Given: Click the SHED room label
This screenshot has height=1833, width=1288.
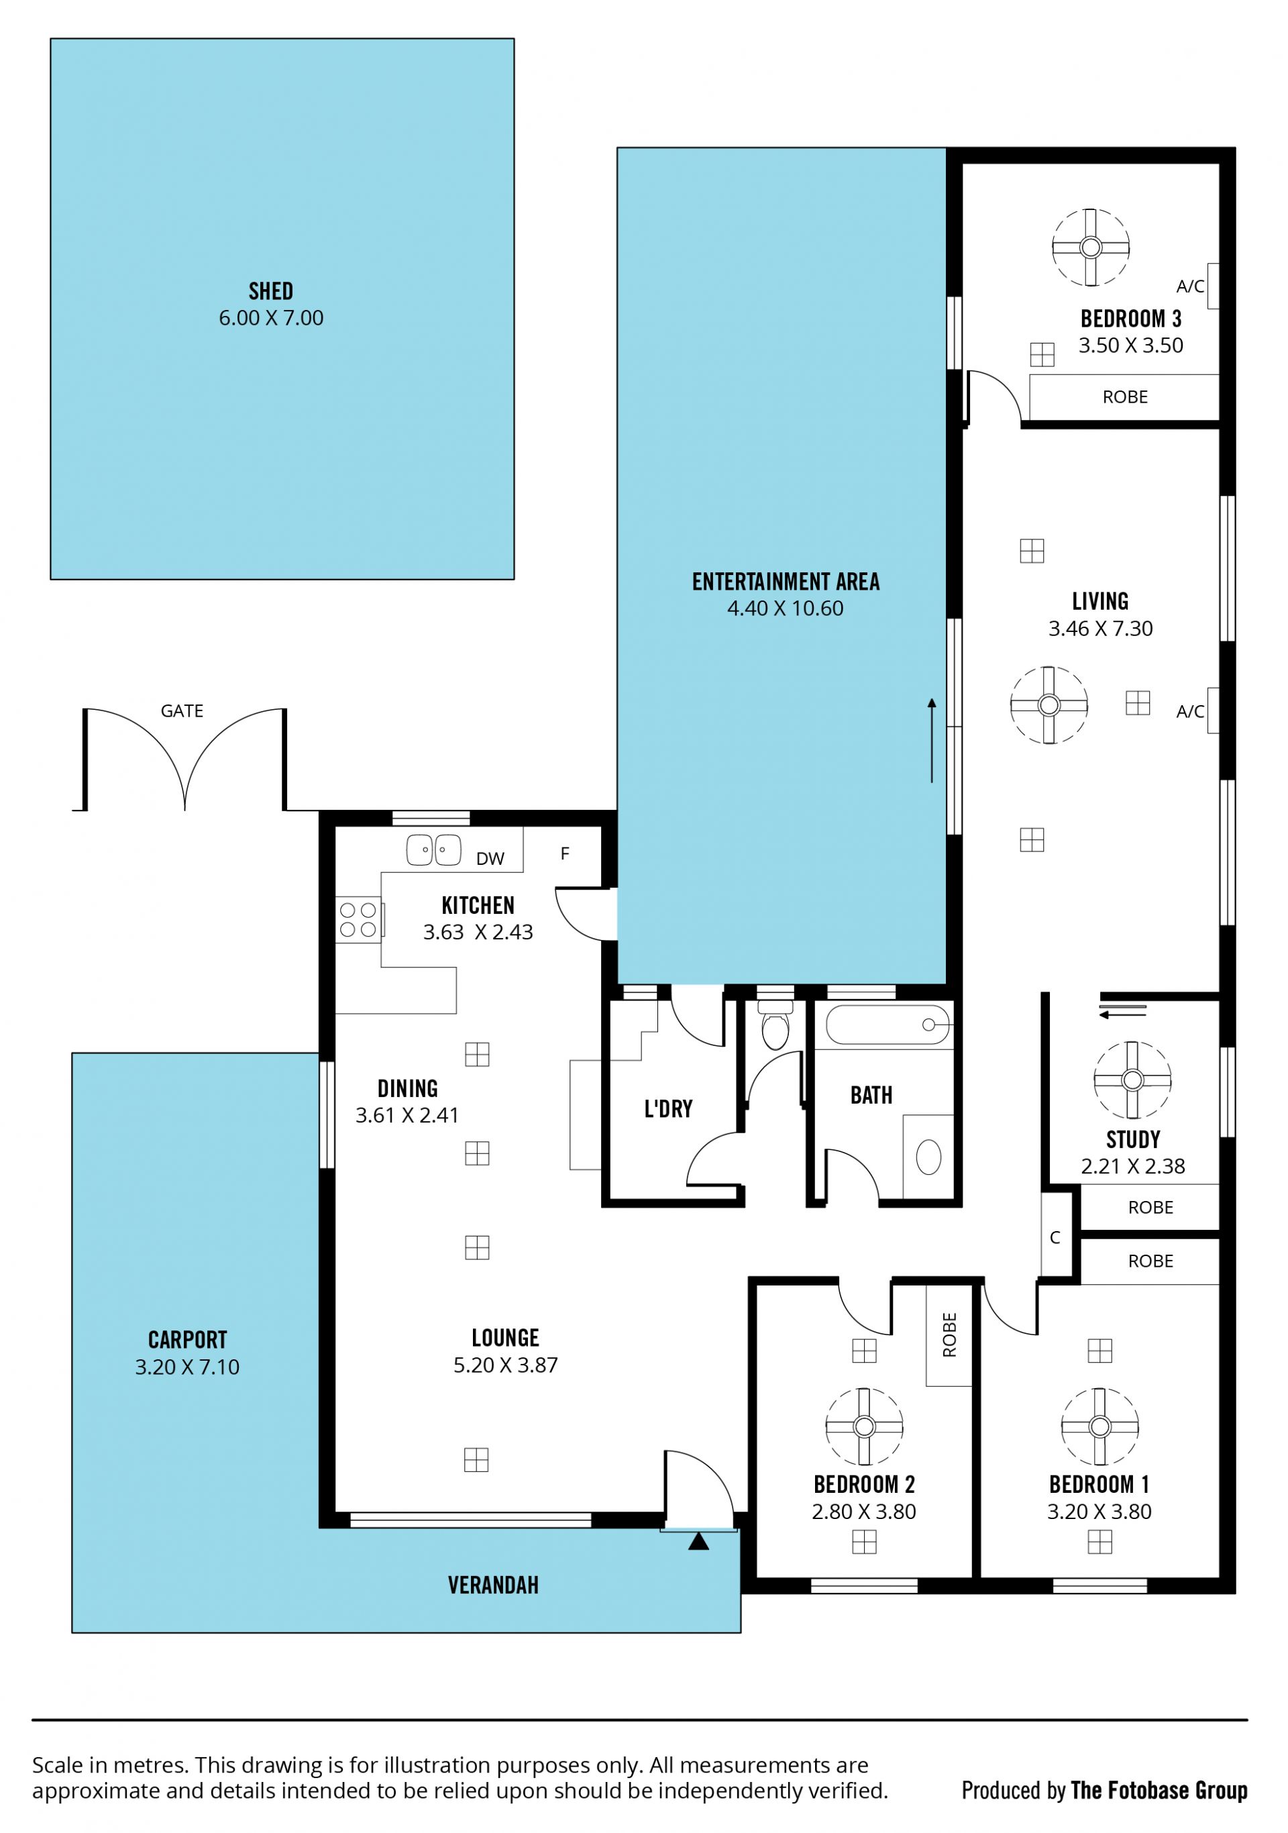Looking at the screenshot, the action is pos(271,291).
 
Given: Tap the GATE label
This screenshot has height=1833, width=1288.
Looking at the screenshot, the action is pos(182,711).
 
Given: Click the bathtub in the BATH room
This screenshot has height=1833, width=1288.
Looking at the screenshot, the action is pos(888,1025).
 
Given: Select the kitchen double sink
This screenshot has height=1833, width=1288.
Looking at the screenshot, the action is pos(433,849).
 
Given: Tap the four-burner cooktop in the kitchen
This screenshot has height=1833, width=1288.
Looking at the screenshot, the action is pos(358,919).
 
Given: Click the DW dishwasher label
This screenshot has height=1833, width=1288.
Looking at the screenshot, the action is pos(490,858).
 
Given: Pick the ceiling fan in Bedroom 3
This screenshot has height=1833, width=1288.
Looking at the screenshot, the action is pos(1090,247).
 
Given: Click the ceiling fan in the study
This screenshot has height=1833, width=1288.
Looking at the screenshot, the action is pos(1132,1080).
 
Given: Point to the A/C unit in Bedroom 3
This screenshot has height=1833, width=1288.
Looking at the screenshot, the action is pos(1212,286).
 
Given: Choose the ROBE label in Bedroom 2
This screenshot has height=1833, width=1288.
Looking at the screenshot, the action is pos(949,1335).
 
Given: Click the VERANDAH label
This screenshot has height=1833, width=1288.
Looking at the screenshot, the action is pos(493,1585).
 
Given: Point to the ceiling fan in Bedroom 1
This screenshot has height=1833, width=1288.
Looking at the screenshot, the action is pos(1099,1426).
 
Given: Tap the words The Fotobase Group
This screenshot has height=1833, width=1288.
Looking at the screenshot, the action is pos(1159,1791).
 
